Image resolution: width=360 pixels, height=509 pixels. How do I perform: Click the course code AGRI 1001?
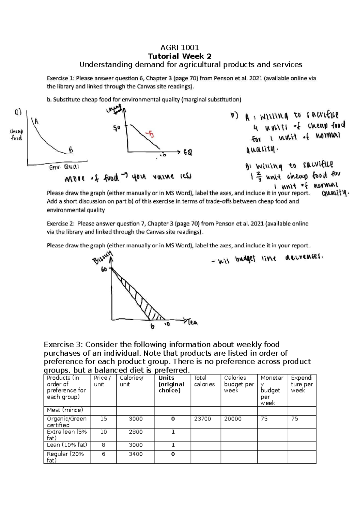(180, 47)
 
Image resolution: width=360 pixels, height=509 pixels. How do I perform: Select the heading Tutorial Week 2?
(180, 56)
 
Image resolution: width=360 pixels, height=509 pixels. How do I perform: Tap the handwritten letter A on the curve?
(37, 122)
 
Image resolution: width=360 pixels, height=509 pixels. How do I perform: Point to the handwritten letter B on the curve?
(70, 149)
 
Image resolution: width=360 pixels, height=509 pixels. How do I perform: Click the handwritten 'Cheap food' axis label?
(16, 135)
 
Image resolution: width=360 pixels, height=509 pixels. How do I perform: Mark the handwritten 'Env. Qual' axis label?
(64, 167)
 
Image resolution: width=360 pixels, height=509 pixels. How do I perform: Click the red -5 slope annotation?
(149, 134)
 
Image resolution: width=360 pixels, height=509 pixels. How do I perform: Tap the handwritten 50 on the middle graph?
(116, 128)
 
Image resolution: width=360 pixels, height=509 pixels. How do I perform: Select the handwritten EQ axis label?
(188, 152)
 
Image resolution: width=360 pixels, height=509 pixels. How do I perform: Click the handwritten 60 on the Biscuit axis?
(104, 270)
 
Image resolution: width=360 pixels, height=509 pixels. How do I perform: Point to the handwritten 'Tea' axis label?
(193, 322)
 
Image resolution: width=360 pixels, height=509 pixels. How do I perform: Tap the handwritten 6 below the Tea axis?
(152, 327)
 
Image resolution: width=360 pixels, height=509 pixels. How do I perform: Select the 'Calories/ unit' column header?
(131, 381)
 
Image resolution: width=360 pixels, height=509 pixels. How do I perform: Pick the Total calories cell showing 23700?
(202, 419)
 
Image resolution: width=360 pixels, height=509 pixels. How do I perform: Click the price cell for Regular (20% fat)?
(103, 454)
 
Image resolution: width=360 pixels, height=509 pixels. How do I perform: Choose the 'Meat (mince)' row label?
(65, 410)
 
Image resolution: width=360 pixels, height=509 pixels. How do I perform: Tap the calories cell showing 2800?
(136, 432)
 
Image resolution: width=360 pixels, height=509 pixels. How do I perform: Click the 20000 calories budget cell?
(233, 419)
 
